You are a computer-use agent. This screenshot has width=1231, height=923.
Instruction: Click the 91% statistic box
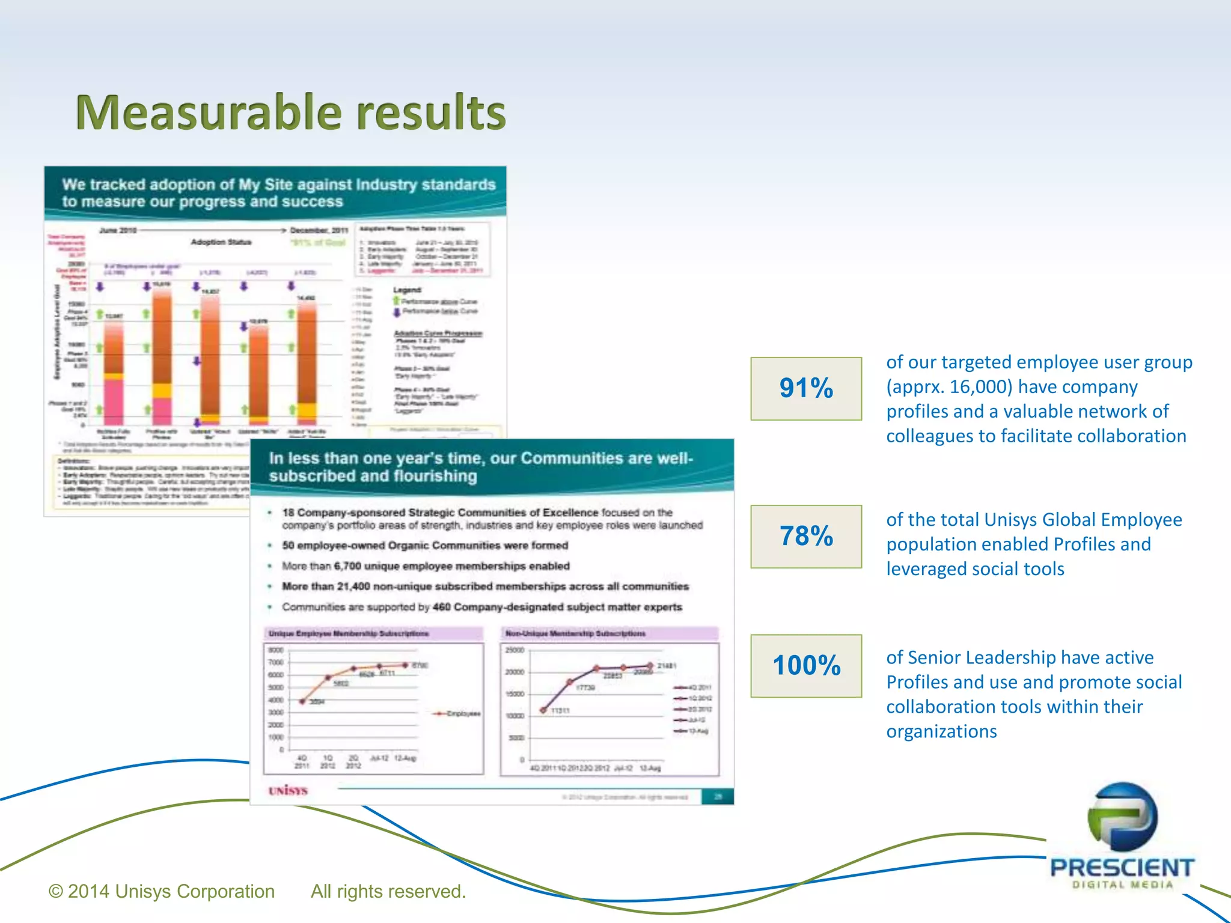[x=805, y=388]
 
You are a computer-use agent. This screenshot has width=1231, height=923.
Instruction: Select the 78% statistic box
[x=805, y=536]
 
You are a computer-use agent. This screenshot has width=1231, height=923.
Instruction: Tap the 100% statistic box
[x=805, y=665]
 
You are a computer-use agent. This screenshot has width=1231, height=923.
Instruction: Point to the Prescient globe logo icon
[x=1122, y=817]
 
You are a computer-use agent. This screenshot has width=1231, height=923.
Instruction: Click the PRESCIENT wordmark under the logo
[x=1122, y=868]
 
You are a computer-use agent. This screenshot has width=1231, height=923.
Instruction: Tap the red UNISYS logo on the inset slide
[x=288, y=790]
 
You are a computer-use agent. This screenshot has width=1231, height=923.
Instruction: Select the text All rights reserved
[x=388, y=891]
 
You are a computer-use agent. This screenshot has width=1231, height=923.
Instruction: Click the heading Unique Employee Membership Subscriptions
[x=349, y=633]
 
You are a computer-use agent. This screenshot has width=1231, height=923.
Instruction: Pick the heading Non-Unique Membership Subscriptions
[x=575, y=633]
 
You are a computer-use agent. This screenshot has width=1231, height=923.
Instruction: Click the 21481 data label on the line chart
[x=667, y=666]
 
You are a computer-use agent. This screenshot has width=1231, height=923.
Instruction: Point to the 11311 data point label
[x=560, y=710]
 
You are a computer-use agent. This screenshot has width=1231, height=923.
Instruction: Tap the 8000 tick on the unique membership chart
[x=275, y=650]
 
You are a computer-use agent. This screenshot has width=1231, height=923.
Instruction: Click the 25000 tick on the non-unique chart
[x=515, y=650]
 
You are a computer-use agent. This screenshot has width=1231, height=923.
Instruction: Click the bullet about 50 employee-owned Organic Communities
[x=424, y=546]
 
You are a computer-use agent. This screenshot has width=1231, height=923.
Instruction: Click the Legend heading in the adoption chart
[x=407, y=290]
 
